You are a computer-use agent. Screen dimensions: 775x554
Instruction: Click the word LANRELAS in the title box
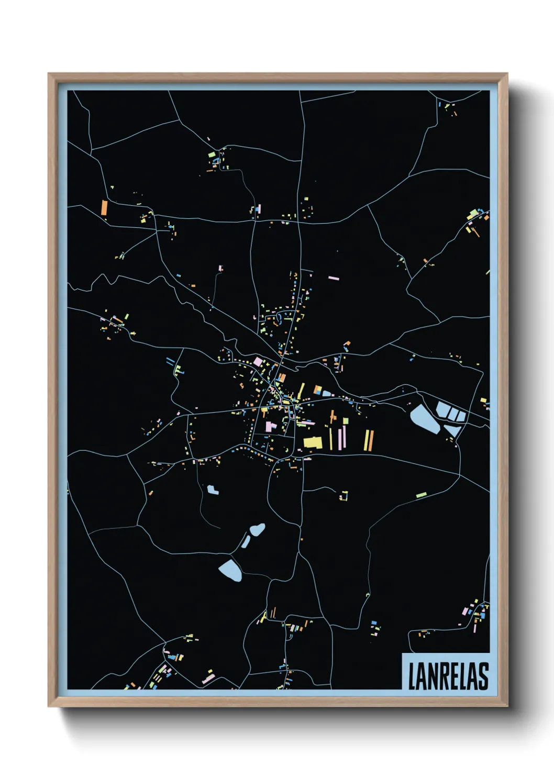tap(448, 676)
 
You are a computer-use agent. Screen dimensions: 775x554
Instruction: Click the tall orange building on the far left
tap(104, 207)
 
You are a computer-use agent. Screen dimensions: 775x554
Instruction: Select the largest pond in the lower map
tap(230, 569)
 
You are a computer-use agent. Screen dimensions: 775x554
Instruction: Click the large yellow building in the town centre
tap(313, 442)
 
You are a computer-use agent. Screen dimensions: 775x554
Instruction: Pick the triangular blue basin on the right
tap(452, 430)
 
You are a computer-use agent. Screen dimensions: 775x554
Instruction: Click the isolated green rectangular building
tap(422, 494)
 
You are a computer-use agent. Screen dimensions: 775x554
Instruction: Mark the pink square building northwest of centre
tap(258, 361)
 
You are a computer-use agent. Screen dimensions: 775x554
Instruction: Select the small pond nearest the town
tap(212, 490)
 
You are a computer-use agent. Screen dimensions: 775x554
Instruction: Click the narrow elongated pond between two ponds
tap(246, 541)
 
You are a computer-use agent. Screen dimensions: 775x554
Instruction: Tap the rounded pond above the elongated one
tap(257, 529)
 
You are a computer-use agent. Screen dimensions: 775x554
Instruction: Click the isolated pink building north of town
tap(333, 278)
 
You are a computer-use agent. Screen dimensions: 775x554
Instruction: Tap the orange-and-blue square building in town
tap(317, 390)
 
